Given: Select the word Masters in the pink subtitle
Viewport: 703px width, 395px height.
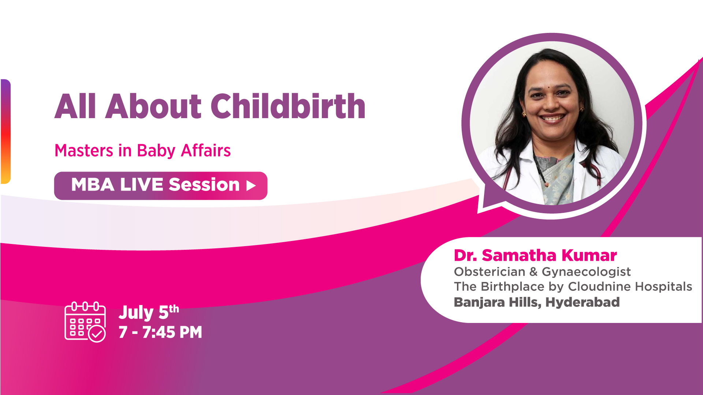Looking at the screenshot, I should [x=84, y=151].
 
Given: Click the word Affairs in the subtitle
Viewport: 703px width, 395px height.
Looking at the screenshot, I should [x=206, y=151].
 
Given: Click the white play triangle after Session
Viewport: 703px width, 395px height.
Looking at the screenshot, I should [x=251, y=185].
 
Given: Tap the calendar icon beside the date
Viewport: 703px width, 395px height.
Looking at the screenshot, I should [x=85, y=321].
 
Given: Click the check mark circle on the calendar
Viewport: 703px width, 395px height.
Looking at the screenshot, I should [x=97, y=334].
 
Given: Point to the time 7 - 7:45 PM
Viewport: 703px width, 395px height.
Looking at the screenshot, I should [x=160, y=332].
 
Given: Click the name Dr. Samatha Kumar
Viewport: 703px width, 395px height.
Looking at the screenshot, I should [x=535, y=255].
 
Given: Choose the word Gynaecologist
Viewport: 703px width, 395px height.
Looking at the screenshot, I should [x=586, y=272].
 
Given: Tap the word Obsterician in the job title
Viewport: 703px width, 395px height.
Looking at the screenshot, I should [x=490, y=272].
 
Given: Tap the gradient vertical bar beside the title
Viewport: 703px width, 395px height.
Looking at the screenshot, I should [x=5, y=131].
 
